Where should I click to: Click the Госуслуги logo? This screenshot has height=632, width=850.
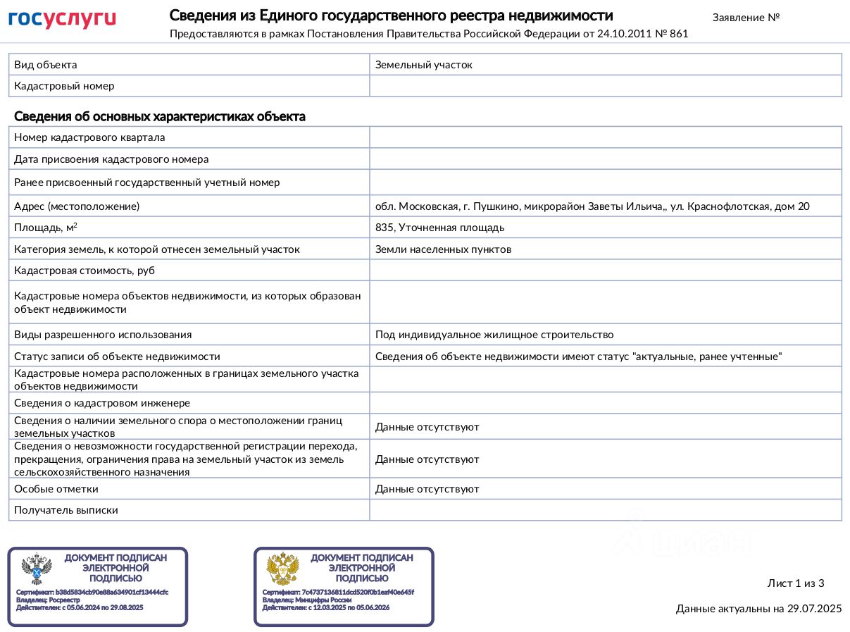(62, 19)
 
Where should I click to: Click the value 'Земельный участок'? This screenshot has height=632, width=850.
(423, 65)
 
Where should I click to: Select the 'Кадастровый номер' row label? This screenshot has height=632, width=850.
(64, 86)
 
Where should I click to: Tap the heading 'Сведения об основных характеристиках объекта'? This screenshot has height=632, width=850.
(160, 117)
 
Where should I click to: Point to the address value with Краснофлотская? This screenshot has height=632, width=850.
(592, 206)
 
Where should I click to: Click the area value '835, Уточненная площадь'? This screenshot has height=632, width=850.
(439, 228)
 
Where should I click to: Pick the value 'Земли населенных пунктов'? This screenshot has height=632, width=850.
(443, 249)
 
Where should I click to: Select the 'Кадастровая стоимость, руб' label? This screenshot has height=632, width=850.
(85, 271)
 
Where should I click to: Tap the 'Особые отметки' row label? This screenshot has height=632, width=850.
(56, 489)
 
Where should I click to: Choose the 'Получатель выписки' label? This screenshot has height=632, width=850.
(66, 510)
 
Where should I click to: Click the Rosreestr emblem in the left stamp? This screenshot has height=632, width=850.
(37, 569)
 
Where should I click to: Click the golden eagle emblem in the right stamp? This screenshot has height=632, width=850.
(282, 569)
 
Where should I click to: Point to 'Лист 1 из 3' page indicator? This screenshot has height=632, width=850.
(795, 583)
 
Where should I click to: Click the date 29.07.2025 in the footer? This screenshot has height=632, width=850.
(815, 609)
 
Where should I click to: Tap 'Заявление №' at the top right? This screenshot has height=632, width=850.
(746, 17)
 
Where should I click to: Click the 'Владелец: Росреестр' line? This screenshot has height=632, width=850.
(48, 600)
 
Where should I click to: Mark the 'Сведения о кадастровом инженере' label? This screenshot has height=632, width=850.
(102, 403)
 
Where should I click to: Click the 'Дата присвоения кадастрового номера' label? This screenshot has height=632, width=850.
(111, 159)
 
